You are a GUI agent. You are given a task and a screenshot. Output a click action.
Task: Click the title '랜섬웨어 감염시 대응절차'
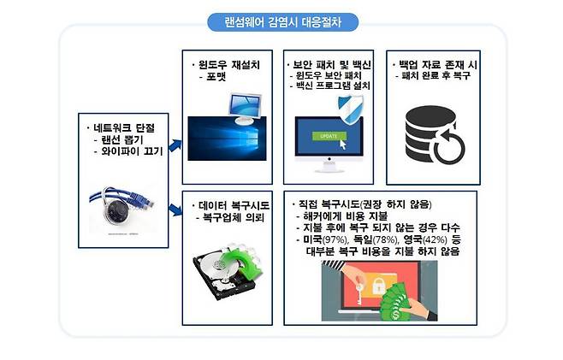281,21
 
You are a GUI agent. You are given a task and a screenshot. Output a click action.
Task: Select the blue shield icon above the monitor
347,109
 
